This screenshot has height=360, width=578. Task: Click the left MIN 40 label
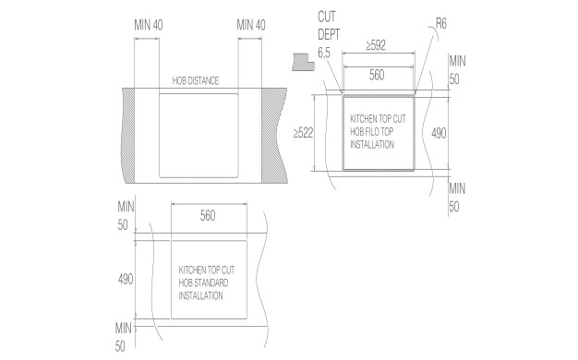pos(149,25)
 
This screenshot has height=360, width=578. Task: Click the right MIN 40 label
pos(251,25)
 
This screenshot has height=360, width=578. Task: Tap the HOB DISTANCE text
pos(196,80)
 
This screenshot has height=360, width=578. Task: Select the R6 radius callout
pos(440,24)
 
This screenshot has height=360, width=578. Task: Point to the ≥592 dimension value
pos(376,45)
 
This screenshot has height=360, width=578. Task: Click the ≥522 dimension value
pos(303,133)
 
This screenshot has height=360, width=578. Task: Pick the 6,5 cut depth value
pos(324,53)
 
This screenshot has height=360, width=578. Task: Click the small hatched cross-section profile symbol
pos(304,62)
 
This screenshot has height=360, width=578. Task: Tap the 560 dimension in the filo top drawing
pos(377,75)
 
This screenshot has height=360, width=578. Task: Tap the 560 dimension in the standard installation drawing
pos(208,216)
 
